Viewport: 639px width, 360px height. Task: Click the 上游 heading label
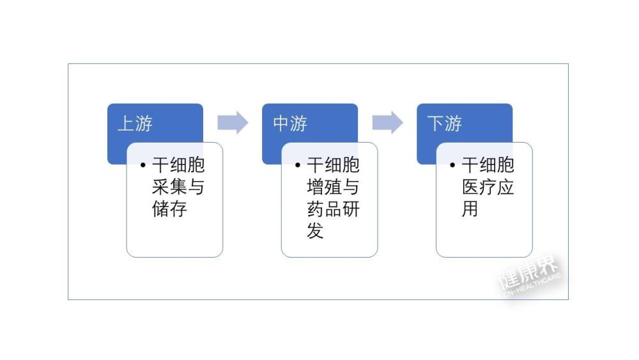pyautogui.click(x=135, y=123)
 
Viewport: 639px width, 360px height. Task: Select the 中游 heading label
pyautogui.click(x=289, y=123)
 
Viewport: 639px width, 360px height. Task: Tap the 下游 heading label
pyautogui.click(x=445, y=123)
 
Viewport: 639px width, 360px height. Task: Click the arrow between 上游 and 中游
pyautogui.click(x=233, y=122)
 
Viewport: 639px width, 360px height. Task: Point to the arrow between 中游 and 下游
pyautogui.click(x=388, y=122)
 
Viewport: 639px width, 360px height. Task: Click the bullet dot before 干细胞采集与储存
pyautogui.click(x=142, y=165)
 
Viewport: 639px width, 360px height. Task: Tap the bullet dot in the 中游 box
pyautogui.click(x=298, y=165)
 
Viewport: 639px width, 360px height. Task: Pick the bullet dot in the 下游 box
pyautogui.click(x=452, y=165)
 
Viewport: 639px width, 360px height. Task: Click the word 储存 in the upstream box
pyautogui.click(x=169, y=208)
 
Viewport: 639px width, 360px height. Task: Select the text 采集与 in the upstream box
pyautogui.click(x=178, y=187)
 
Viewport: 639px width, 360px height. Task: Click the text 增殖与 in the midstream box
pyautogui.click(x=333, y=187)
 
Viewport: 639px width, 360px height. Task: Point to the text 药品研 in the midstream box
pyautogui.click(x=333, y=208)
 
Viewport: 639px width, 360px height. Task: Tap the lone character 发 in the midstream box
pyautogui.click(x=316, y=231)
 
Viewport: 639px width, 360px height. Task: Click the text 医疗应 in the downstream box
pyautogui.click(x=488, y=187)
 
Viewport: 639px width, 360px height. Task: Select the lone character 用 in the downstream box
pyautogui.click(x=470, y=208)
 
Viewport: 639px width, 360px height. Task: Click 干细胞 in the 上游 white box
pyautogui.click(x=178, y=165)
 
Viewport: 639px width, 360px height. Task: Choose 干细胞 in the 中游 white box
pyautogui.click(x=333, y=165)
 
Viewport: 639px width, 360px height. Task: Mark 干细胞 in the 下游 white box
pyautogui.click(x=488, y=165)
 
